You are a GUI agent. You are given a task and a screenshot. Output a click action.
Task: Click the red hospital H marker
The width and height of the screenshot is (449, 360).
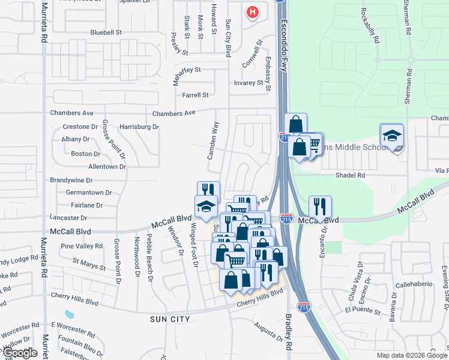(253, 11)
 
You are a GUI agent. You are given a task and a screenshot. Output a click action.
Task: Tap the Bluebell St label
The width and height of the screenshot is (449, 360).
(106, 32)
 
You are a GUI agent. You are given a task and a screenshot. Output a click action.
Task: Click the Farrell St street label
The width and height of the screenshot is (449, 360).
(195, 95)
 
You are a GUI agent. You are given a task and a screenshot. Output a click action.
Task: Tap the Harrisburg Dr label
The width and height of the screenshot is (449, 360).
(139, 127)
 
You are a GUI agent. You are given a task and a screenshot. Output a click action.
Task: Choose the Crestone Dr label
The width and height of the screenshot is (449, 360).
(80, 127)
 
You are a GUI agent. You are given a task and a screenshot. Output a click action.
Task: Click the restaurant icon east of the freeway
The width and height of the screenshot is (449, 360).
(320, 206)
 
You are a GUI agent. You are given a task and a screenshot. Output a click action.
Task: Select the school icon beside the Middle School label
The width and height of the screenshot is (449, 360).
(391, 136)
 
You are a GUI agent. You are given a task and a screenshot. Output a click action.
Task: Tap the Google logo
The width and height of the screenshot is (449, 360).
(20, 353)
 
